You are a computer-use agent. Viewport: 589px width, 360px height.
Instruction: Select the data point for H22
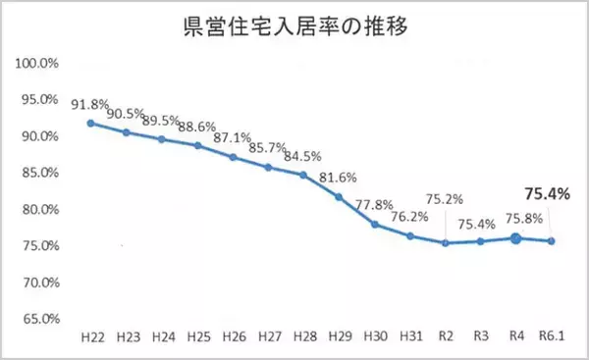pyautogui.click(x=90, y=123)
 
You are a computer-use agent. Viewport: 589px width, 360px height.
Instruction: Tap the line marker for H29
pyautogui.click(x=339, y=196)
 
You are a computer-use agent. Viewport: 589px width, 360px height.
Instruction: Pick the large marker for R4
pyautogui.click(x=515, y=237)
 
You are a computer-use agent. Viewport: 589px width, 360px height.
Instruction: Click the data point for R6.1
pyautogui.click(x=552, y=240)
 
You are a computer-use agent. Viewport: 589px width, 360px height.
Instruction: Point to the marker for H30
pyautogui.click(x=374, y=225)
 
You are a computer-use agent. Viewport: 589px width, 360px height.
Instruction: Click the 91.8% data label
pyautogui.click(x=90, y=102)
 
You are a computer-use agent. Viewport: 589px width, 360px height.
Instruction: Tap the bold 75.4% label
pyautogui.click(x=548, y=194)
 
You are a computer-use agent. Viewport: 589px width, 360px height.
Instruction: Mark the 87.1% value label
pyautogui.click(x=232, y=137)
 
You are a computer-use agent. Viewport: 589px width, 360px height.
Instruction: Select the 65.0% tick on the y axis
pyautogui.click(x=42, y=319)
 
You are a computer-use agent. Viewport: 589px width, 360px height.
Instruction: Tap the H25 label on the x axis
pyautogui.click(x=197, y=336)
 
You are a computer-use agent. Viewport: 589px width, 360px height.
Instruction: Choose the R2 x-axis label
pyautogui.click(x=445, y=336)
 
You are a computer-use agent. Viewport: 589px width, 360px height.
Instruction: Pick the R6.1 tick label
pyautogui.click(x=552, y=336)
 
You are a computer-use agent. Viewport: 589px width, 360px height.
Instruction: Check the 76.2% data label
pyautogui.click(x=408, y=219)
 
